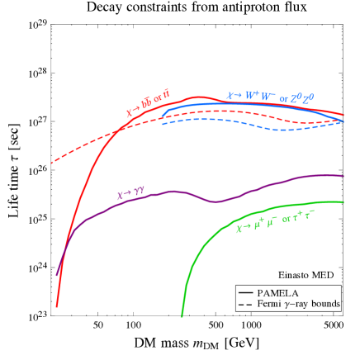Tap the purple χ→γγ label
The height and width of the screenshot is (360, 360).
130,194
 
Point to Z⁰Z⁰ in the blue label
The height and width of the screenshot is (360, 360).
303,97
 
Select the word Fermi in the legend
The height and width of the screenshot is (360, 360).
270,305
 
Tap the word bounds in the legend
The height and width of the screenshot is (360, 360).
324,305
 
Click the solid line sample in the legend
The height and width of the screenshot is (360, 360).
245,292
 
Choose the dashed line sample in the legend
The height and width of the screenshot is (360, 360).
245,305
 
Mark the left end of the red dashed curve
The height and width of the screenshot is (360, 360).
52,163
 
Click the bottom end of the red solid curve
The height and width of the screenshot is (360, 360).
56,306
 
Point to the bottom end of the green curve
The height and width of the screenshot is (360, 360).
182,316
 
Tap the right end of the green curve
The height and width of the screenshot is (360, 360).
343,201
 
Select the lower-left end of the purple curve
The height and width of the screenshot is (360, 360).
57,274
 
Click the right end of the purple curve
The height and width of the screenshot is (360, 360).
343,176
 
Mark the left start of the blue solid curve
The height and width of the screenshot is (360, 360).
163,114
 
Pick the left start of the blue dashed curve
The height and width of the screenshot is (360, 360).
163,124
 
